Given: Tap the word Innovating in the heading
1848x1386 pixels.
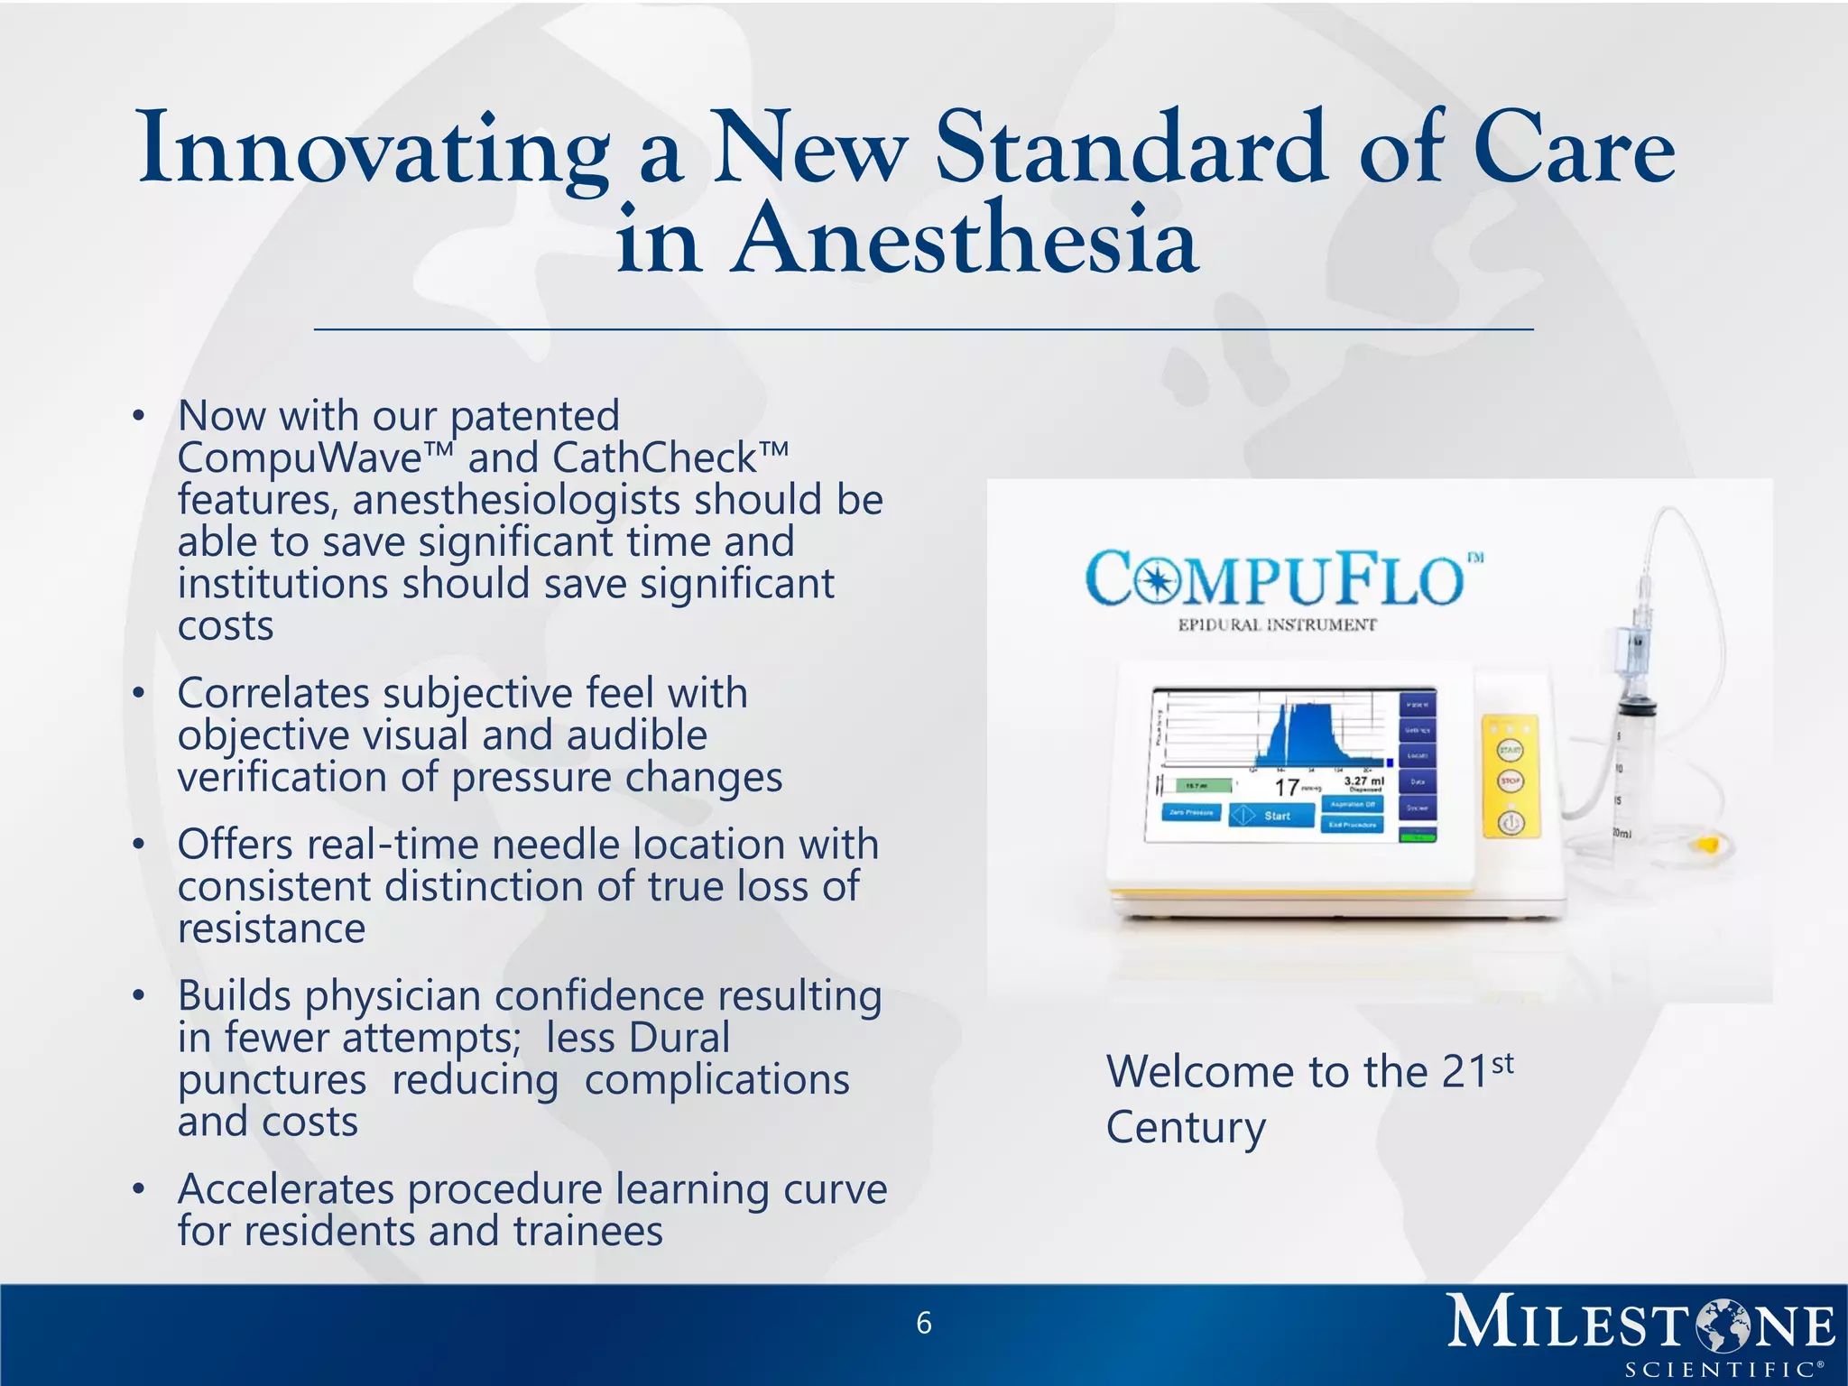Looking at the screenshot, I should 374,149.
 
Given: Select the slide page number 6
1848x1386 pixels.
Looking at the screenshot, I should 923,1323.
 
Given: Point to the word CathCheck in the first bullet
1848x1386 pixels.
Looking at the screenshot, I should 654,458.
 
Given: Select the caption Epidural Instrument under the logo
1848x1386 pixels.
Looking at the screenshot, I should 1277,624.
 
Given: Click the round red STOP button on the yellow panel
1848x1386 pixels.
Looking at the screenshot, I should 1511,781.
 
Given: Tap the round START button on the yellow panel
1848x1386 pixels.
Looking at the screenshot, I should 1511,750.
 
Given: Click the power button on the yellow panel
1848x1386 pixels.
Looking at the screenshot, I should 1511,822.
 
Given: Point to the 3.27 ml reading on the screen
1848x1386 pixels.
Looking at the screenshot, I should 1363,781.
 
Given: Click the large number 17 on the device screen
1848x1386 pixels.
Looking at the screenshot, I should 1286,788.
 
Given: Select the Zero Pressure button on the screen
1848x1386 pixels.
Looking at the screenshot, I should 1191,812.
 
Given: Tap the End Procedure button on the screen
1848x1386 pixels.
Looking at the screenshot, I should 1352,825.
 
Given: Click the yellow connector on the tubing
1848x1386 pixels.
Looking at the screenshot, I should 1708,846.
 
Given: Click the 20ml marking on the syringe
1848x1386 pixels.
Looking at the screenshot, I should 1622,833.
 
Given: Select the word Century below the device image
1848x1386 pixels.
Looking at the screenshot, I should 1186,1128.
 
